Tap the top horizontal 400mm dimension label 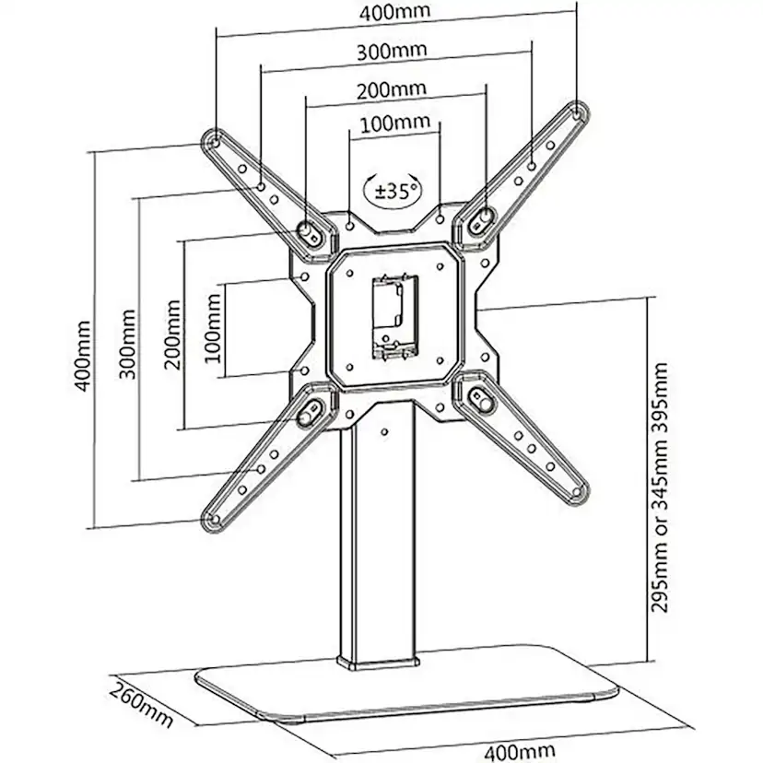coord(394,12)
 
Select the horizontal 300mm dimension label coord(392,52)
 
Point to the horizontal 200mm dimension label coord(392,90)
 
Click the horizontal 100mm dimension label coord(395,123)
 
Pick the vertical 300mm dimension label coord(127,344)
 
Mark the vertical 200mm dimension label coord(172,335)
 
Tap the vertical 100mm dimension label coord(213,328)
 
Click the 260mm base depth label coord(140,704)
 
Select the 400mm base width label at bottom coord(520,752)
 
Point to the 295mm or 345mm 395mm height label coord(660,487)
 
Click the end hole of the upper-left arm coord(216,143)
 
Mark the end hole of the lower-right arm coord(577,492)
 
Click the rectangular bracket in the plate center coord(395,317)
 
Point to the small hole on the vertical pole coord(384,431)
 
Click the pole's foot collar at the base coord(378,663)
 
